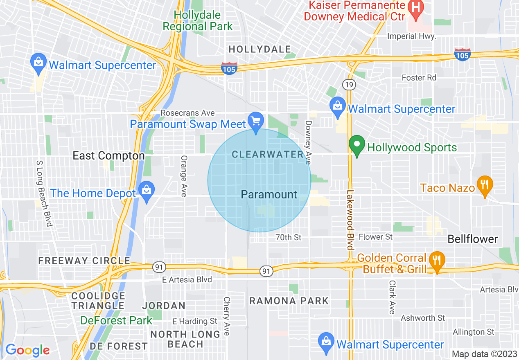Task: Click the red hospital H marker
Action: (416, 8)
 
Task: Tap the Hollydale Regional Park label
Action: (198, 21)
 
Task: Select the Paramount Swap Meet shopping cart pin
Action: (256, 122)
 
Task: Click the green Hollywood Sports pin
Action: (357, 145)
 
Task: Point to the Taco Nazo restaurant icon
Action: (485, 185)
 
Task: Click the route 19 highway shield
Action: (349, 85)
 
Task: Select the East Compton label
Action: (108, 156)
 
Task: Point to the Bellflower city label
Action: (473, 239)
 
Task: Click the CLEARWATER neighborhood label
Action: (268, 154)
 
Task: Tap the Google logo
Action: (27, 350)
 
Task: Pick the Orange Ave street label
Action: (184, 176)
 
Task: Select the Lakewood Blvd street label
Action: (350, 220)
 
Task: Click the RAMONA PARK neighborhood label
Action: (289, 301)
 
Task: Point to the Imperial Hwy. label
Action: (412, 36)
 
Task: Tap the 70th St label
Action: (288, 237)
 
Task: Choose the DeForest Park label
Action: (116, 320)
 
